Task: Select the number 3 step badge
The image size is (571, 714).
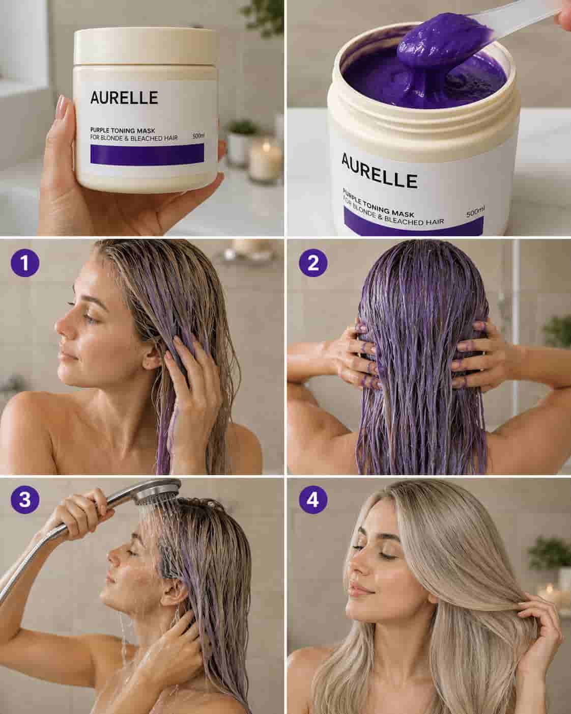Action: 25,499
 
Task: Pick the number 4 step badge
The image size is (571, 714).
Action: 313,499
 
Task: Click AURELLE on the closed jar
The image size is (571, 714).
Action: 124,98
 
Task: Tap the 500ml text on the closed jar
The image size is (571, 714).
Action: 198,136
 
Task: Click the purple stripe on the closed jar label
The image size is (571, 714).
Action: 147,155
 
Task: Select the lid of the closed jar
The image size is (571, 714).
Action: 145,47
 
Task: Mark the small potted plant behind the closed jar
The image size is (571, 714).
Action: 242,143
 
